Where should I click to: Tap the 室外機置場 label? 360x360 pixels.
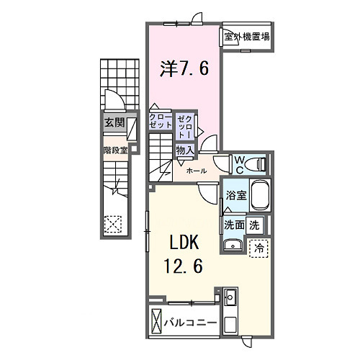coord(246,37)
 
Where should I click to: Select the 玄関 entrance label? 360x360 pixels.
coord(114,123)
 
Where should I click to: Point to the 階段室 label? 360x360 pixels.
coord(114,150)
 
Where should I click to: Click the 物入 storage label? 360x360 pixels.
coord(185,150)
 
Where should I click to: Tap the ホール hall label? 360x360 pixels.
coord(197,171)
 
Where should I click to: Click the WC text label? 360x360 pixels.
coord(238,163)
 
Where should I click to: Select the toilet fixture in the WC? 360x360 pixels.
coord(256,164)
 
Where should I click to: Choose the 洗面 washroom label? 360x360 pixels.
coord(234,225)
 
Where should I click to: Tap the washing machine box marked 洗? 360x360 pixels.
coord(254,225)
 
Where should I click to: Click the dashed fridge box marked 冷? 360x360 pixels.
coord(259,246)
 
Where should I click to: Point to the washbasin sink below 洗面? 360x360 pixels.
coord(233,246)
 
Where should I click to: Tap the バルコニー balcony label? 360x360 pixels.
coord(190,322)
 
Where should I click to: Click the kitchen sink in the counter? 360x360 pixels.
coord(231,297)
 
